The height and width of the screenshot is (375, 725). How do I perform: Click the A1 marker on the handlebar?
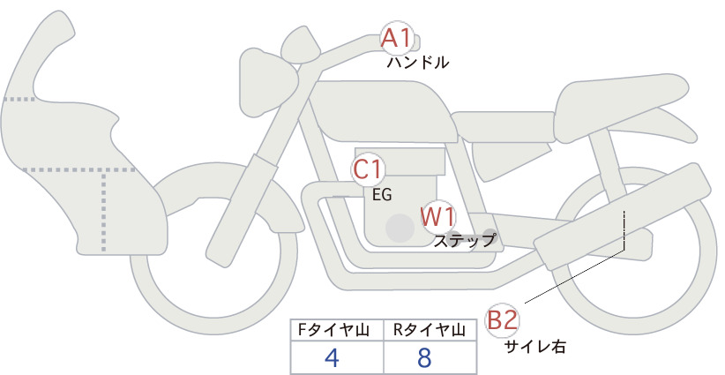tap(397, 38)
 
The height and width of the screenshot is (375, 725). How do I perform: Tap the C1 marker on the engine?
tap(367, 169)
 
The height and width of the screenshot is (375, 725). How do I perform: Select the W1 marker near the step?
tap(437, 217)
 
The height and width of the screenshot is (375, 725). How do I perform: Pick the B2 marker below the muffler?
tap(502, 320)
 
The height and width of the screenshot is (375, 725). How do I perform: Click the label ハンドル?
tap(418, 63)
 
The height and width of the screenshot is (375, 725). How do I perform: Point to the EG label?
tap(382, 195)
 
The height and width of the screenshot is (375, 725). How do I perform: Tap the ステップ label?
tap(464, 241)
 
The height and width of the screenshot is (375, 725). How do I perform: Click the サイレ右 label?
tap(534, 347)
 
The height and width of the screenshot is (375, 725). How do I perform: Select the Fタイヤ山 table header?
tap(333, 330)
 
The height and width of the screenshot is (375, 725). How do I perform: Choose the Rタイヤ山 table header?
tap(430, 330)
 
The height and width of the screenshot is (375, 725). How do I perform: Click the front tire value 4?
tap(332, 357)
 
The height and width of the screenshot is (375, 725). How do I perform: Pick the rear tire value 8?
tap(424, 357)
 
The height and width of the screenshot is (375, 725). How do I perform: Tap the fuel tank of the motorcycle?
tap(384, 111)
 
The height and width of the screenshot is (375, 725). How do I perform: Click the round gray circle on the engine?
tap(400, 228)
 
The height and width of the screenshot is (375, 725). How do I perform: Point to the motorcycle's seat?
tap(622, 104)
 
